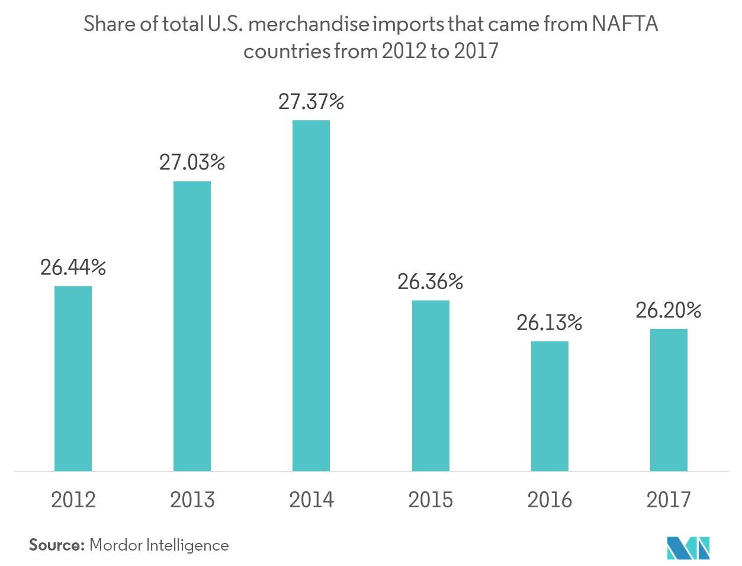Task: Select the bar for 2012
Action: tap(73, 379)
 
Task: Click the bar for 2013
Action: tap(192, 326)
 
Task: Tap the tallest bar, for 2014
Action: tap(311, 296)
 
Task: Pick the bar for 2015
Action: tap(431, 386)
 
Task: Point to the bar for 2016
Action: tap(550, 406)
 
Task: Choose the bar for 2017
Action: tap(669, 400)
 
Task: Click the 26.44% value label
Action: tap(73, 268)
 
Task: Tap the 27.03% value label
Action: tap(192, 162)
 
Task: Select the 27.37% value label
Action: tap(311, 102)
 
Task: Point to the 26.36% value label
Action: tap(431, 282)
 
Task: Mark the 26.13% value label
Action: tap(550, 323)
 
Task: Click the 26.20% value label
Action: tap(669, 311)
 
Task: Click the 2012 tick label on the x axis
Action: tap(73, 500)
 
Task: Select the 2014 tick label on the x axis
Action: tap(311, 500)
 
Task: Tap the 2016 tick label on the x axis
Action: tap(550, 500)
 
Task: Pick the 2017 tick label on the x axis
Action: tap(669, 500)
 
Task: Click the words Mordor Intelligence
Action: tap(159, 545)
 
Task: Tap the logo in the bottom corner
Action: tap(688, 548)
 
